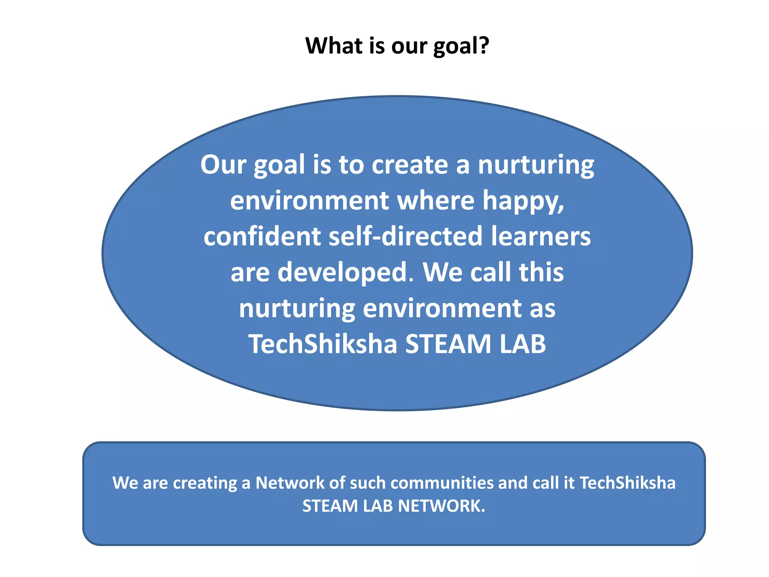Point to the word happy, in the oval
pyautogui.click(x=523, y=201)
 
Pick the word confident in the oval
pyautogui.click(x=262, y=236)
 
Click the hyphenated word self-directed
pyautogui.click(x=405, y=236)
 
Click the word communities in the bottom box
pyautogui.click(x=442, y=483)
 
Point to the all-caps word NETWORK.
pyautogui.click(x=442, y=506)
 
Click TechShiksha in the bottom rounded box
pyautogui.click(x=627, y=483)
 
